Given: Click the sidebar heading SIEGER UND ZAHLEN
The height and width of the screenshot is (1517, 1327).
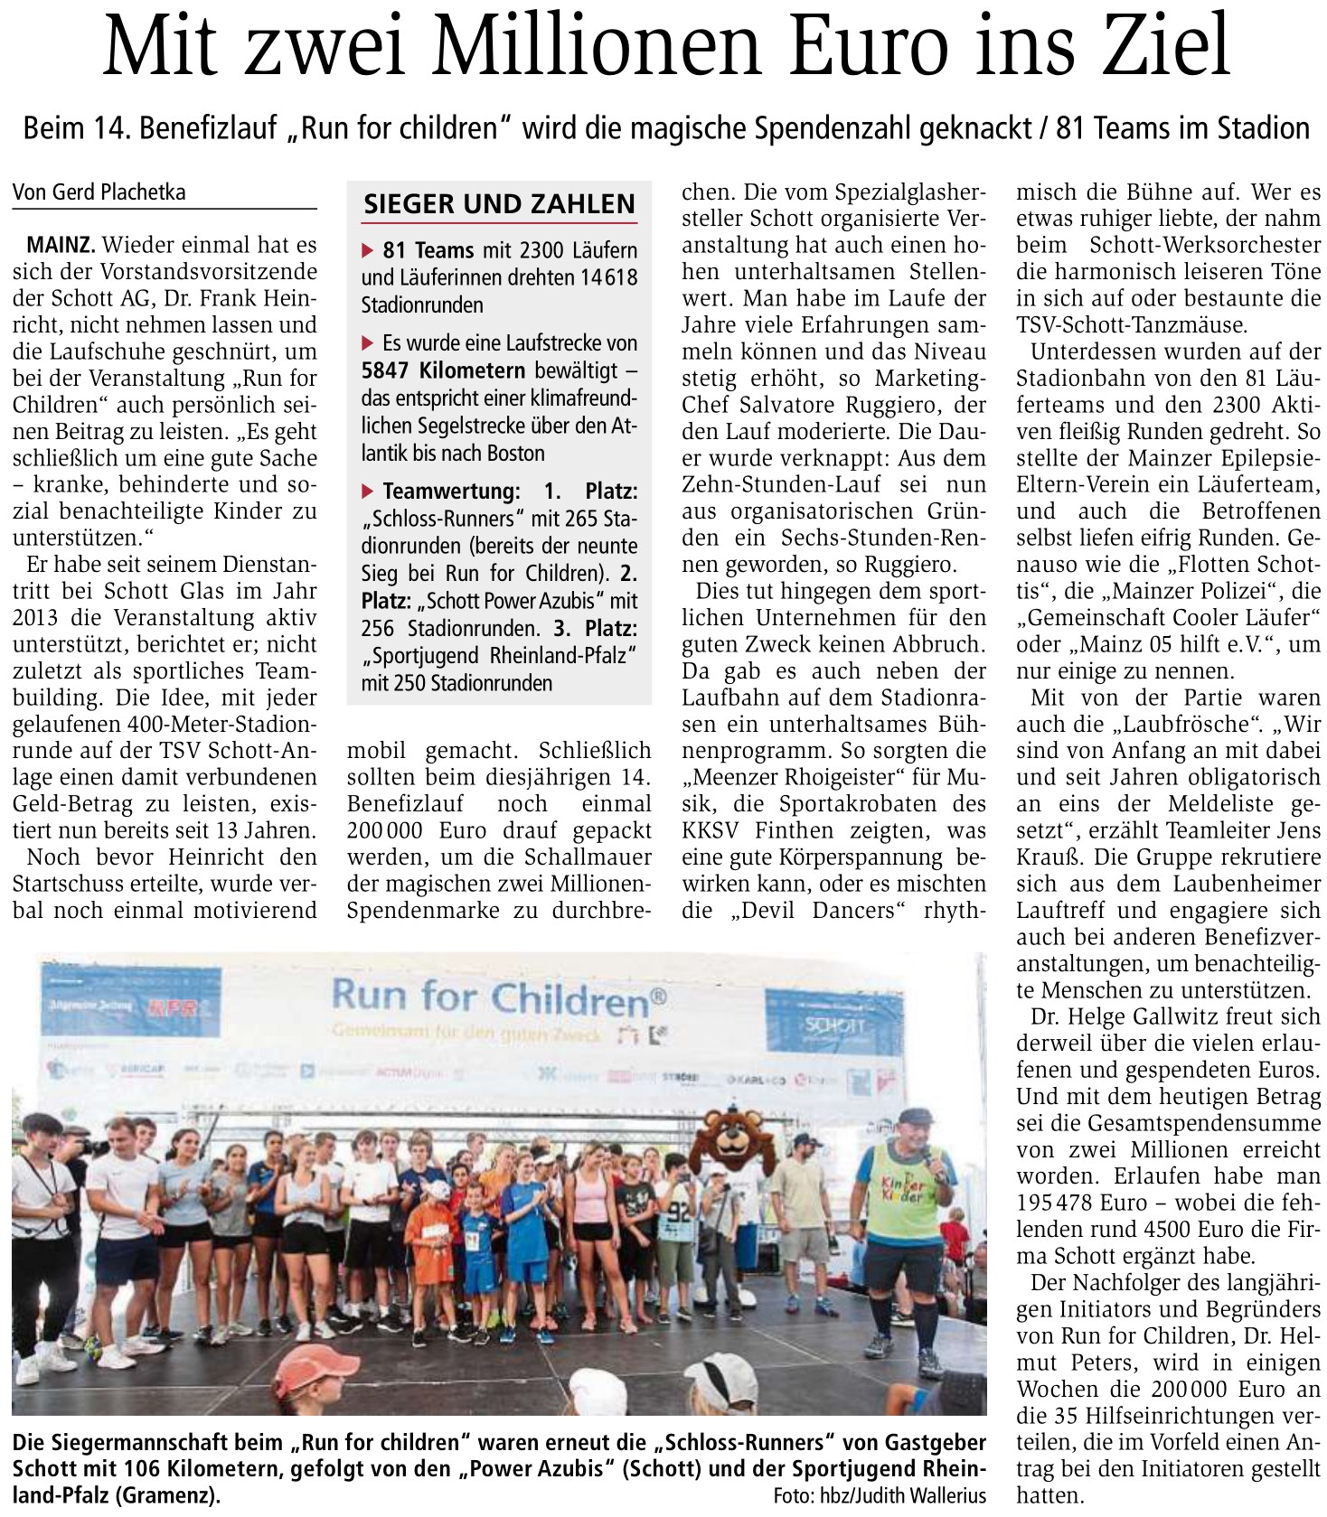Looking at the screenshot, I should [499, 204].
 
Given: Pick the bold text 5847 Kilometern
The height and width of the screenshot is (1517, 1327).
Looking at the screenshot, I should [443, 370].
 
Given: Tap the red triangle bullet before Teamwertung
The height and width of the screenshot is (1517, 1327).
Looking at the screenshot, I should [367, 492].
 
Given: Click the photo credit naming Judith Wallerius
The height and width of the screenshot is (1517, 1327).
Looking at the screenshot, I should [879, 1494].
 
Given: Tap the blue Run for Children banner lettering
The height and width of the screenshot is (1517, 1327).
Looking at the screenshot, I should [499, 997].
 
